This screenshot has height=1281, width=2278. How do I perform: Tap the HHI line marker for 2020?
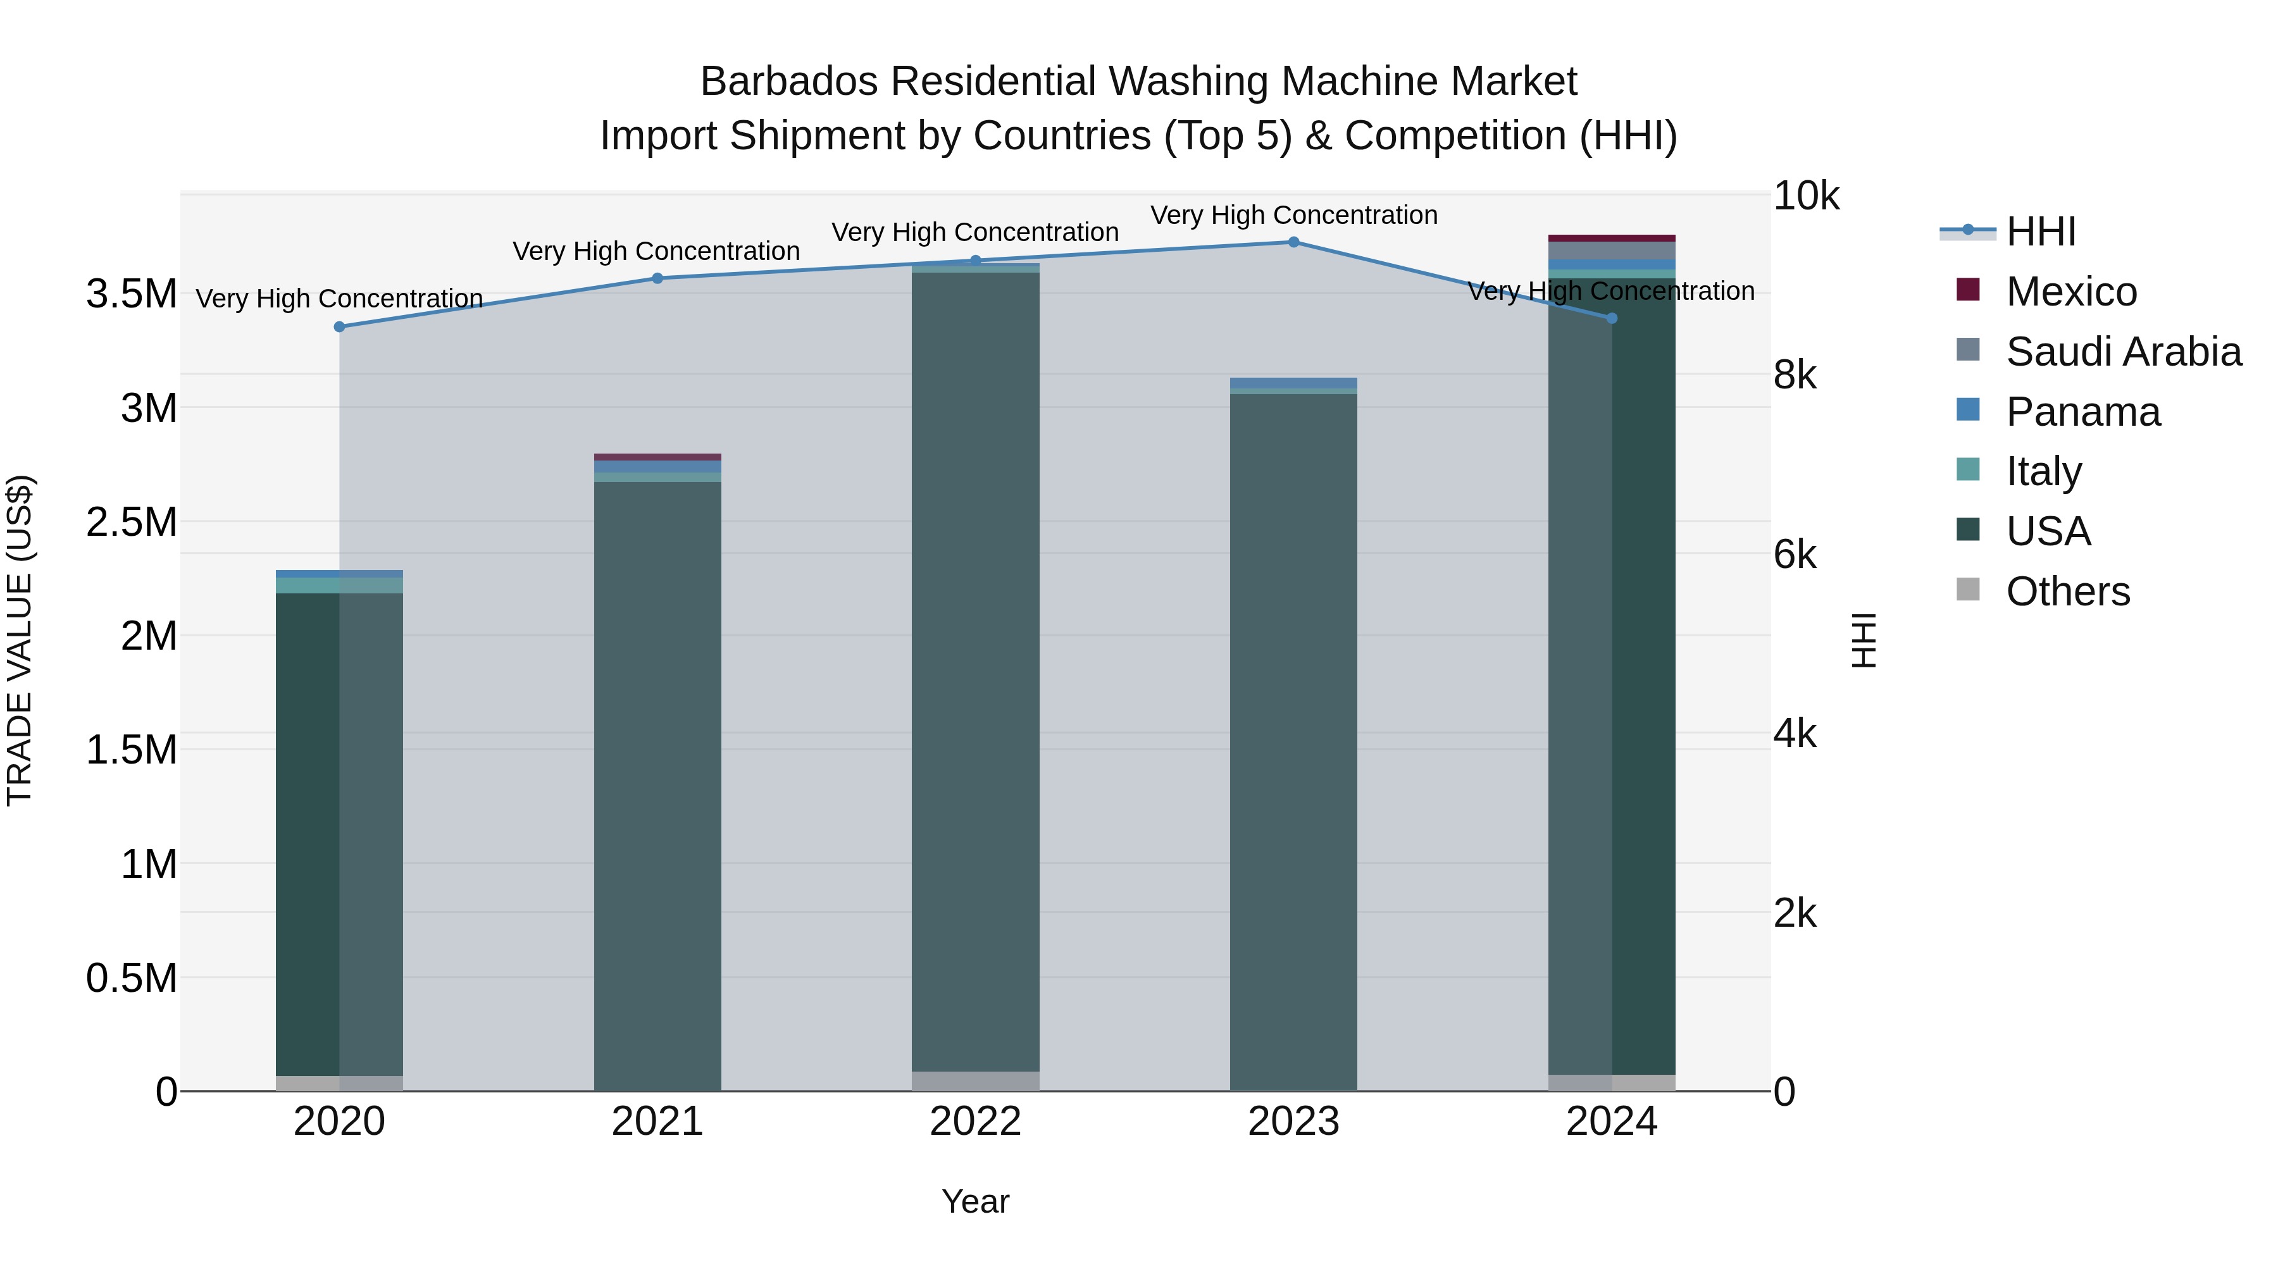pos(340,327)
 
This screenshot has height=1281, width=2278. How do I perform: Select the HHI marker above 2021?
pos(657,278)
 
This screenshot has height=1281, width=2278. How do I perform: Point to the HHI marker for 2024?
pos(1611,318)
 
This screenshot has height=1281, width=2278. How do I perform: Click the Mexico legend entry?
pos(2070,292)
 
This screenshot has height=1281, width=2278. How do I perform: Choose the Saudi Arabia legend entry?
pos(2122,352)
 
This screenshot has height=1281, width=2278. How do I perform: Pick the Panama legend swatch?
pos(1967,410)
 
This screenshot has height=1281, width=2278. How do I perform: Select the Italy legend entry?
pos(2043,471)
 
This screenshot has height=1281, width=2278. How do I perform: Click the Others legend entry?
pos(2067,591)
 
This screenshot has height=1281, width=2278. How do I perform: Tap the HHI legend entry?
pos(2040,232)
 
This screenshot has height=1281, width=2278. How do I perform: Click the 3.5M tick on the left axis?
pos(131,294)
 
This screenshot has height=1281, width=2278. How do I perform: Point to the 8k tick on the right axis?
pos(1795,376)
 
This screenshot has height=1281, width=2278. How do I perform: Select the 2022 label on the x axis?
pos(975,1122)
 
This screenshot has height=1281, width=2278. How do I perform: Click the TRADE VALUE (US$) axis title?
pos(20,641)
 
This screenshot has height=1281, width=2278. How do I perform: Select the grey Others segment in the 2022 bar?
pos(975,1081)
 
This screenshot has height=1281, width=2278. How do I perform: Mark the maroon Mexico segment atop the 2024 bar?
pos(1611,238)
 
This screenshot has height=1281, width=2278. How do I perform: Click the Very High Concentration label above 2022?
pos(975,233)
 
